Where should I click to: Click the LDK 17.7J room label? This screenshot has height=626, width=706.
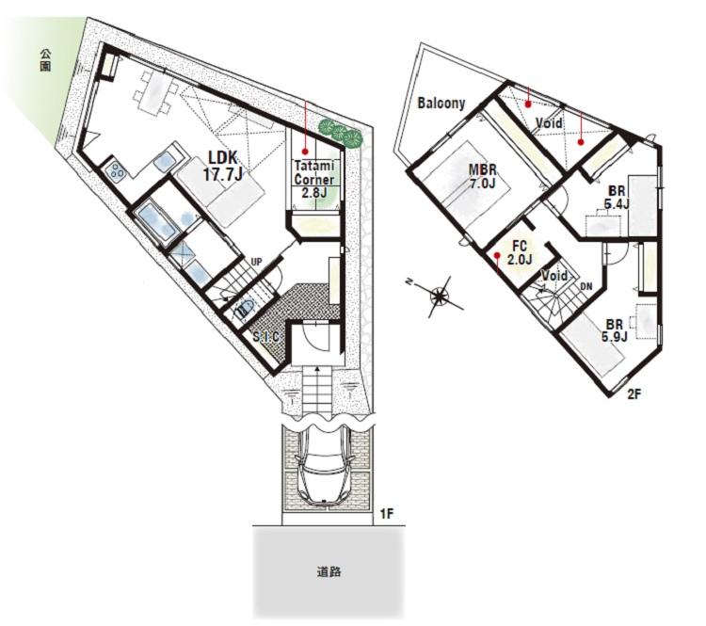click(222, 166)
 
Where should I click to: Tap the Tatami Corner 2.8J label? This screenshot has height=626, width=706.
click(314, 178)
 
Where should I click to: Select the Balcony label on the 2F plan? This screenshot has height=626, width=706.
click(441, 104)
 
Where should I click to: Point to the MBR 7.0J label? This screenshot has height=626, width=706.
click(482, 176)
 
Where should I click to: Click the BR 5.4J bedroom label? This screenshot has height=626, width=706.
click(616, 198)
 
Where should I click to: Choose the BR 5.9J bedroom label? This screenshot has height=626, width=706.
click(615, 330)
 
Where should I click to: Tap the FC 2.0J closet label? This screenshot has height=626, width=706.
click(520, 252)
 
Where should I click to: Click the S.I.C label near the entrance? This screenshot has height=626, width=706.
click(265, 337)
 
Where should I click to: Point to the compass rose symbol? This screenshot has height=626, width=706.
click(437, 297)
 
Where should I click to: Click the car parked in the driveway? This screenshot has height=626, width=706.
click(323, 468)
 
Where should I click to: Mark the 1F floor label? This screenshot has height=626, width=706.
click(387, 513)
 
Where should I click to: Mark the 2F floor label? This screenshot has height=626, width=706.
click(634, 394)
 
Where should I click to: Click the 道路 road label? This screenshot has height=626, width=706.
click(329, 572)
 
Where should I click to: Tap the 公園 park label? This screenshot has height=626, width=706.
click(45, 60)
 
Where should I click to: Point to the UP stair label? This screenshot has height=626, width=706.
click(256, 262)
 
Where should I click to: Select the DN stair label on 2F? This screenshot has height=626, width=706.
click(586, 286)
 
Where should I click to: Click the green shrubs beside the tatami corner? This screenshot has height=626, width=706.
click(341, 132)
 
